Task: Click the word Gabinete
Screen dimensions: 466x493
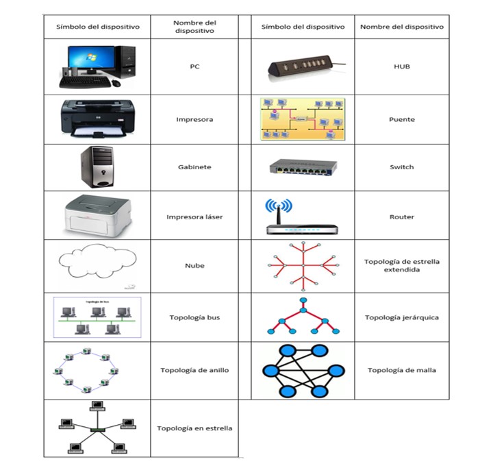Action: [194, 167]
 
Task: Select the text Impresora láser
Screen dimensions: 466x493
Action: [194, 217]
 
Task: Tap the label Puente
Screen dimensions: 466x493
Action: [401, 119]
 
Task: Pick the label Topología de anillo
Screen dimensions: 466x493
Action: [194, 370]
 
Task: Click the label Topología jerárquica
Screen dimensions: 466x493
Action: [401, 317]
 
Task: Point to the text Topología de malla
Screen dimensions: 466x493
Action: [401, 370]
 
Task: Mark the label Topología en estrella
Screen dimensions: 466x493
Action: [194, 428]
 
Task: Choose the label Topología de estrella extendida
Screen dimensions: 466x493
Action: [401, 265]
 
